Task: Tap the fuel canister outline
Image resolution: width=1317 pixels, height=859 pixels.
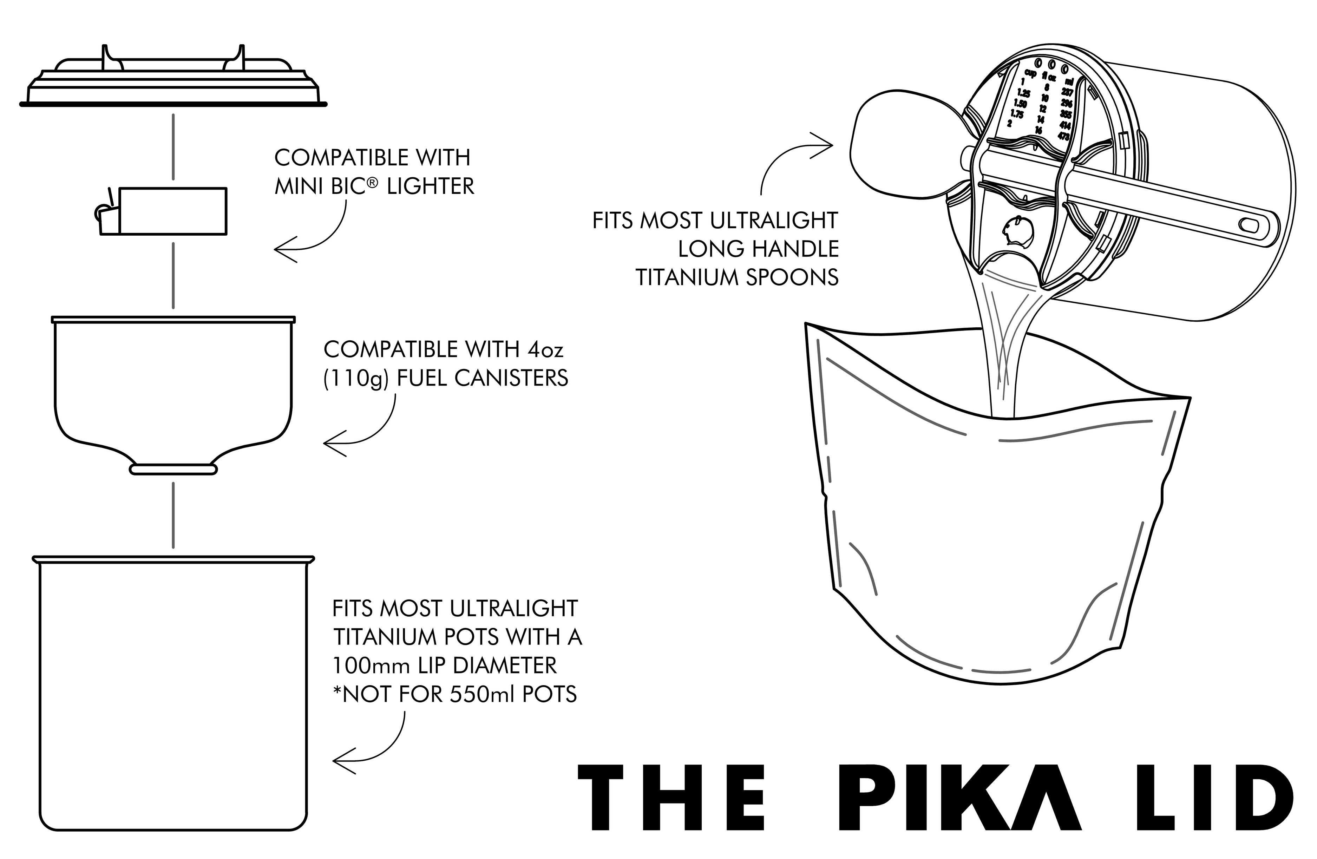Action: tap(173, 387)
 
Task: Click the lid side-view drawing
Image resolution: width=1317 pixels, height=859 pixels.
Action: tap(173, 83)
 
